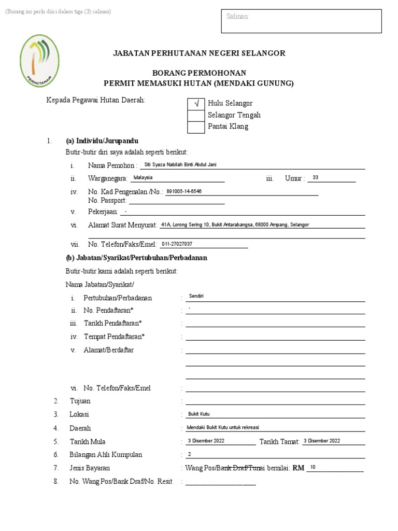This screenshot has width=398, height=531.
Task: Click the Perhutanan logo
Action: (x=39, y=61)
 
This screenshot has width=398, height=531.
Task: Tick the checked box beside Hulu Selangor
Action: (x=196, y=104)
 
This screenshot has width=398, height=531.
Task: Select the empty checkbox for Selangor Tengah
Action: (x=196, y=115)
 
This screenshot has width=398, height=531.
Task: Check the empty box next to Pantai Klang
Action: (x=196, y=127)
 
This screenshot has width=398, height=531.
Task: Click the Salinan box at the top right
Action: (x=301, y=21)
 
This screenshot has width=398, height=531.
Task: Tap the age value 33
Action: (x=316, y=178)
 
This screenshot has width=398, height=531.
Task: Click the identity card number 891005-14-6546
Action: (x=184, y=191)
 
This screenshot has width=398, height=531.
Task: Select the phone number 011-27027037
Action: (x=177, y=244)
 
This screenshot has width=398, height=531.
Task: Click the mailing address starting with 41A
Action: (x=235, y=225)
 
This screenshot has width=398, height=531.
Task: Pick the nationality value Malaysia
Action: (x=143, y=177)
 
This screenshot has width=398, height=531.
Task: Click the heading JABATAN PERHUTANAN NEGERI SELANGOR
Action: (x=200, y=53)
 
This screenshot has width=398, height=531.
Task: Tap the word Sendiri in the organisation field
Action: (x=196, y=296)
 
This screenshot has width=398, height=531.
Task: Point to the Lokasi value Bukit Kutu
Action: (x=198, y=414)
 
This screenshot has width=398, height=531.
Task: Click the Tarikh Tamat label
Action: (x=279, y=442)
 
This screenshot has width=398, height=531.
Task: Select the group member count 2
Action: (x=189, y=454)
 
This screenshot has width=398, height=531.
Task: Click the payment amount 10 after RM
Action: (x=312, y=467)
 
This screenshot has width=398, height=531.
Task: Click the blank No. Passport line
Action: (x=176, y=201)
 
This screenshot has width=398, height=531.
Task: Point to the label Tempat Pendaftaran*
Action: (x=114, y=337)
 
